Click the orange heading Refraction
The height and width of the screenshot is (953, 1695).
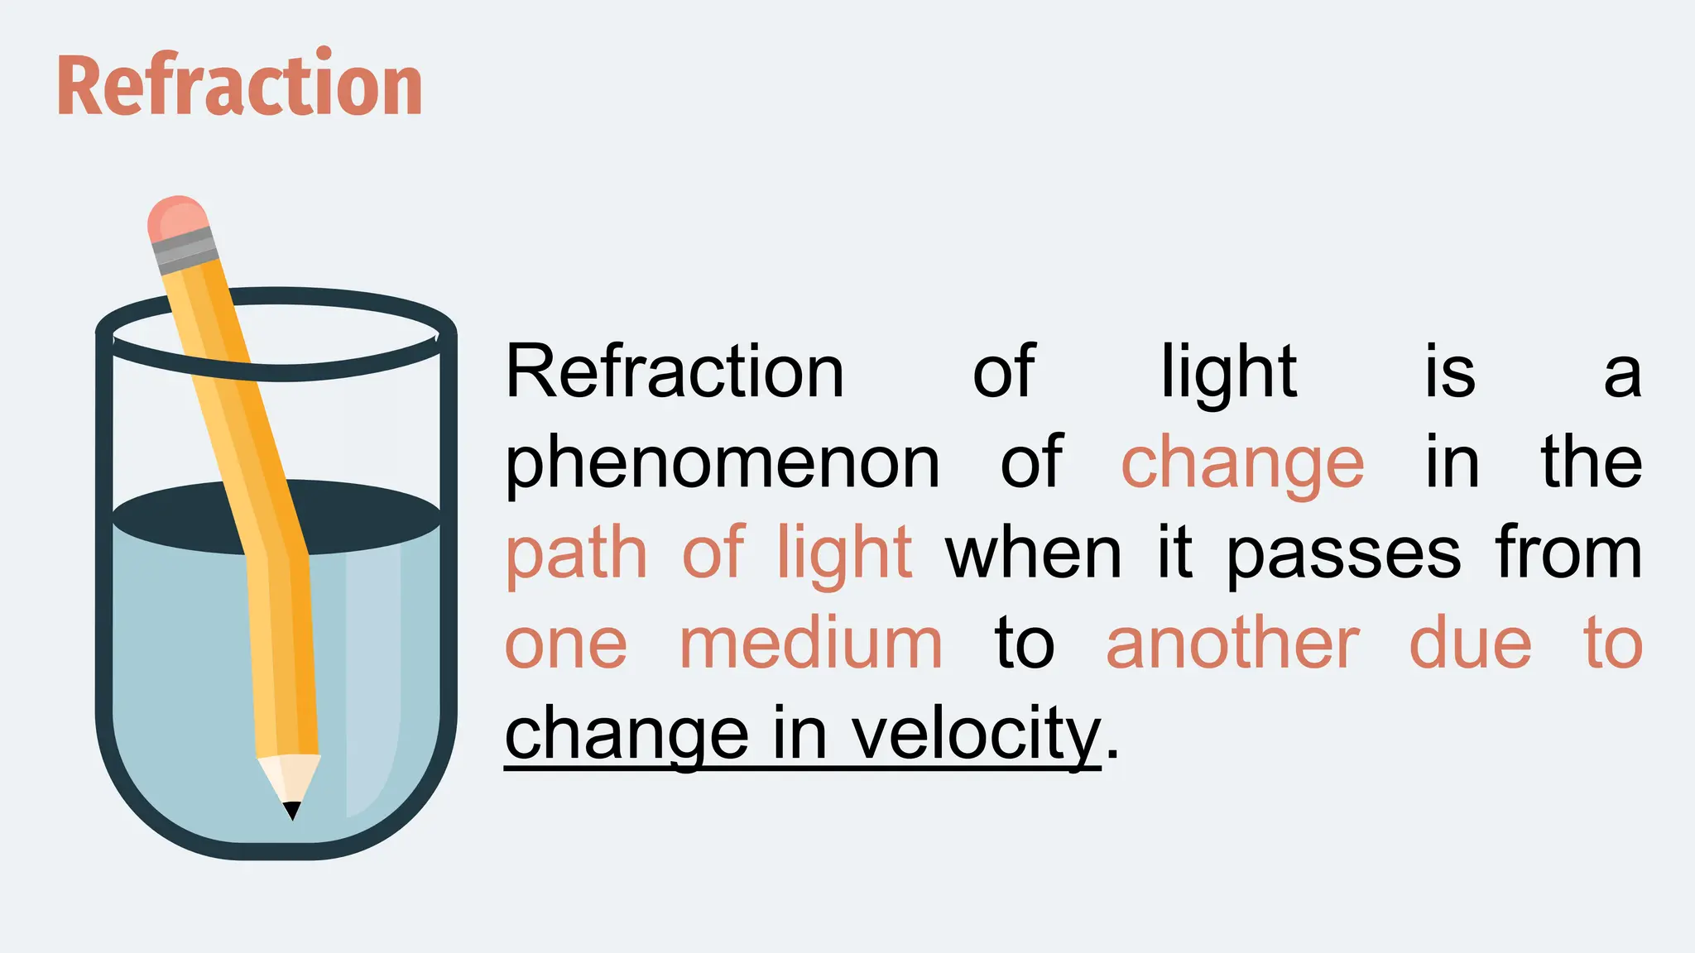[x=240, y=84]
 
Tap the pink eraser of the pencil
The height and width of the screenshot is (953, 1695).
[x=177, y=217]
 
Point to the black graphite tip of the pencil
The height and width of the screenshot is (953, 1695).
[x=292, y=810]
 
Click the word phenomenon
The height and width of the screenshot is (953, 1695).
[x=723, y=463]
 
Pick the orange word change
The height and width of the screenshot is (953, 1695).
[x=1242, y=463]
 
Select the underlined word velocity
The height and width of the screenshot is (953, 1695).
[x=976, y=734]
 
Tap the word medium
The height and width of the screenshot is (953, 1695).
[x=810, y=644]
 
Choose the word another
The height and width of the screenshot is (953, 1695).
[x=1233, y=644]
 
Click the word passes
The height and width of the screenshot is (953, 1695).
[x=1343, y=554]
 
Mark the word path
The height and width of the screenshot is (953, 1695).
[x=576, y=554]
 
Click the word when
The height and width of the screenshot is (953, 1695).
[x=1034, y=553]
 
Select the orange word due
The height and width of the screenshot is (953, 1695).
[x=1471, y=644]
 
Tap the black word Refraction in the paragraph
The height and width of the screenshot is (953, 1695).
[x=675, y=372]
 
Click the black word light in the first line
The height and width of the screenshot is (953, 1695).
[x=1229, y=372]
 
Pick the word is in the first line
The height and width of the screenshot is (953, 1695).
[x=1450, y=372]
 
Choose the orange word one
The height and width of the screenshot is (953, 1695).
[x=566, y=645]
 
